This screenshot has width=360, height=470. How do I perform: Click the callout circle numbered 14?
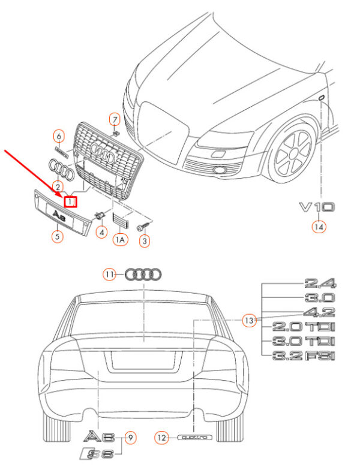(317, 227)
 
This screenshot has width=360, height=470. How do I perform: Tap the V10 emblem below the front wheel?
(317, 207)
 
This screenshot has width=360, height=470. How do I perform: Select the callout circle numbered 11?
(109, 275)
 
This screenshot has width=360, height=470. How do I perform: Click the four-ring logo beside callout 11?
(143, 275)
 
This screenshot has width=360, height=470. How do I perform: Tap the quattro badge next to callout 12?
(196, 438)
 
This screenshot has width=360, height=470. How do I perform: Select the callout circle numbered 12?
(161, 438)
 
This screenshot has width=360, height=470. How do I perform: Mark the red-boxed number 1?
(70, 203)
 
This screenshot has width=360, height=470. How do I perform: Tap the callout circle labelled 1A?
(121, 240)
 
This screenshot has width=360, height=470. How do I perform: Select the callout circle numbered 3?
(144, 241)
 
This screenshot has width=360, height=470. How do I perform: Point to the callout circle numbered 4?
(102, 232)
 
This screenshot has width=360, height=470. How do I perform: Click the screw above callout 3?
(142, 227)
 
